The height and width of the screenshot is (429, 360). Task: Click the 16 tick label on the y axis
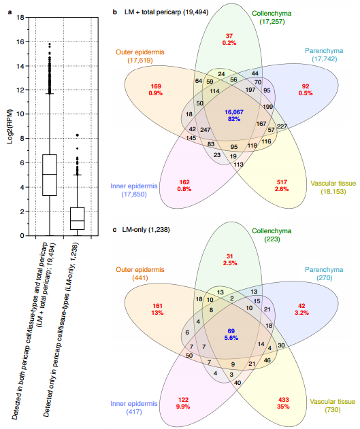click(x=20, y=41)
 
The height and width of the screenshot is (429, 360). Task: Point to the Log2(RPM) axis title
click(x=10, y=126)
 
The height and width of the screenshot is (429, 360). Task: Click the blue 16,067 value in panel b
click(x=234, y=112)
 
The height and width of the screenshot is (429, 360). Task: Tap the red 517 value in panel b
click(x=282, y=182)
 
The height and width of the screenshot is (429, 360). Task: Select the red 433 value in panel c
click(x=283, y=400)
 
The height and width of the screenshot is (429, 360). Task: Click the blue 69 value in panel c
click(x=231, y=331)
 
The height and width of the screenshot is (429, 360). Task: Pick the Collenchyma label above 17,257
click(x=272, y=14)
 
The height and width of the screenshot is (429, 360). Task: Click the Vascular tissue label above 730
click(x=332, y=402)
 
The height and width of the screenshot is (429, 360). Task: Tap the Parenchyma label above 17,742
click(x=324, y=51)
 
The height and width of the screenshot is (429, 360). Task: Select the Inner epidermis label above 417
click(x=134, y=404)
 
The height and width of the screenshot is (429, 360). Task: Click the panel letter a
click(x=10, y=12)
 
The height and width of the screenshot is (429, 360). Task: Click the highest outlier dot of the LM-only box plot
click(x=78, y=135)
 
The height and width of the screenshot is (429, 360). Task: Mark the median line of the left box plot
click(x=50, y=174)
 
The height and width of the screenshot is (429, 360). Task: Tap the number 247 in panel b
click(x=206, y=130)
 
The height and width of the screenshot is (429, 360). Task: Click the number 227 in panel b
click(x=282, y=126)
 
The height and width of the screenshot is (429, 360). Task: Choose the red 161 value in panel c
click(x=157, y=306)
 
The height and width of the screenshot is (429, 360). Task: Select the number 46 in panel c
click(x=267, y=360)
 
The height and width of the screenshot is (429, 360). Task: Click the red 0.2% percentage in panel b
click(x=229, y=43)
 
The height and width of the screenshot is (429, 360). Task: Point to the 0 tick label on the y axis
click(x=22, y=235)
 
